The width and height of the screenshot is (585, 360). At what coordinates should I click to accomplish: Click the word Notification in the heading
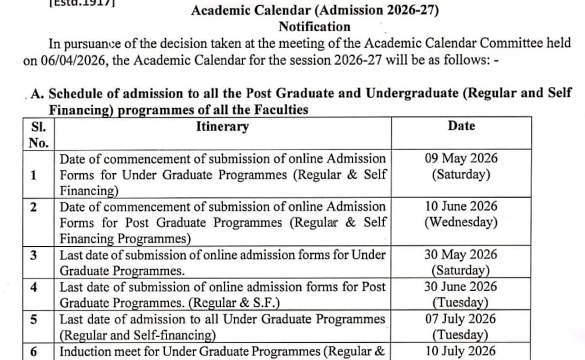coord(314,26)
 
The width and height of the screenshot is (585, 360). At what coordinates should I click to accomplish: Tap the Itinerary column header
coord(222,127)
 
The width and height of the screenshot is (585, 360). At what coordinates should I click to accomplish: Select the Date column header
coord(461,126)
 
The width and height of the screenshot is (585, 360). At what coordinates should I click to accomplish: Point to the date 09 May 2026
coord(461,159)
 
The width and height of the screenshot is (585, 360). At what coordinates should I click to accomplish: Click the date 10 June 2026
coord(461,206)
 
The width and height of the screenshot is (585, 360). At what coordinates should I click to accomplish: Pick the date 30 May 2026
coord(461,255)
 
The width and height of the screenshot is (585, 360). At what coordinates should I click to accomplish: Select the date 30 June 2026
coord(461,286)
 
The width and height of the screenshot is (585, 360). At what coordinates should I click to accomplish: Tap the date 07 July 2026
coord(461,319)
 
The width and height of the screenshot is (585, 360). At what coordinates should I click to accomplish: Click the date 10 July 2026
coord(461,351)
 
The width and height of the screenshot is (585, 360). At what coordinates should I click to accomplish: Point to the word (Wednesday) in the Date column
coord(461,222)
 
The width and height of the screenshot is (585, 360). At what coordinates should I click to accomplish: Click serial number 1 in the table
coord(34,175)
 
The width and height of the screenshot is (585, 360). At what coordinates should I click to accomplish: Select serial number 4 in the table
coord(34,287)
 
